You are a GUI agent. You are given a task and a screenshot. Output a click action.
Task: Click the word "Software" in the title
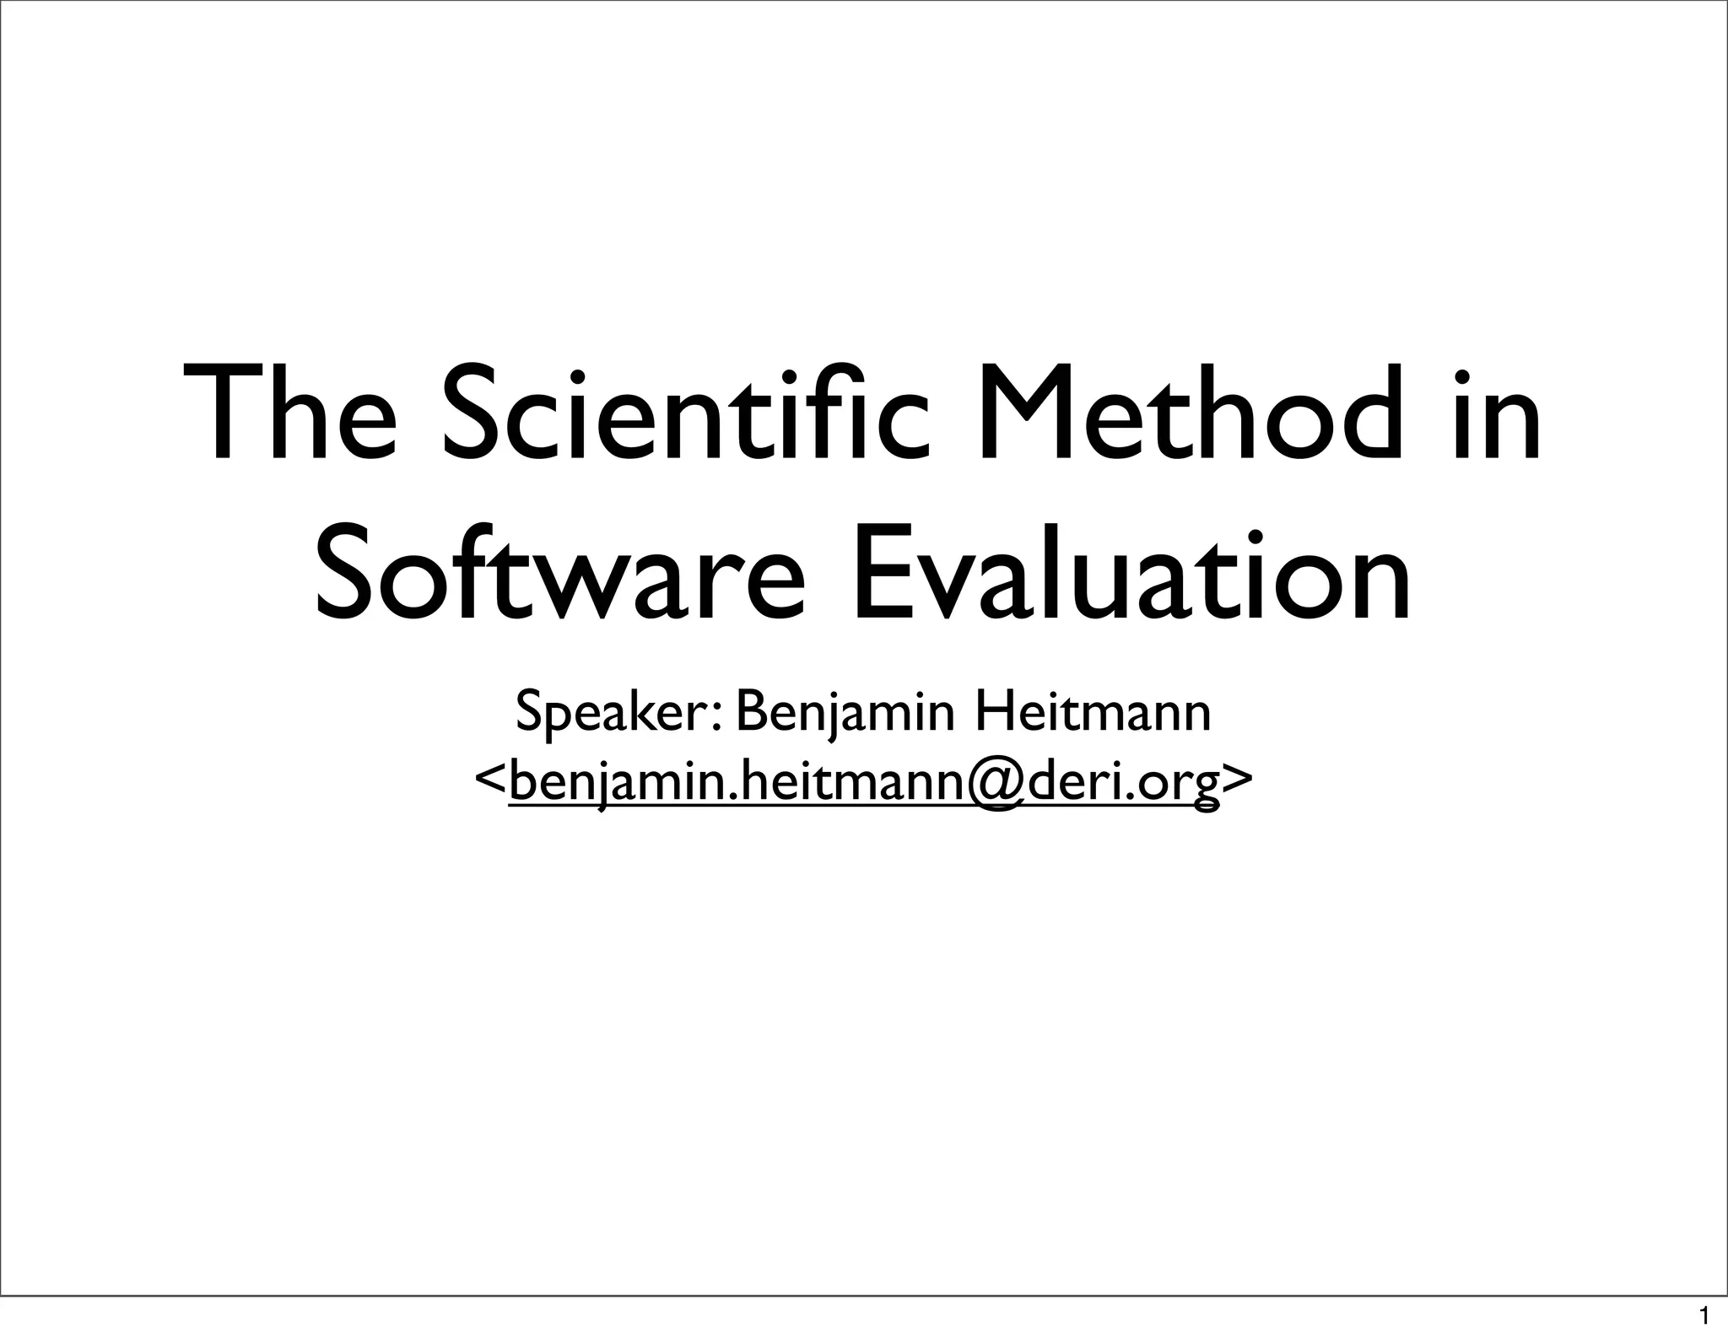(557, 574)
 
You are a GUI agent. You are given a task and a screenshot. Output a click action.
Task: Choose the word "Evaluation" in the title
(1131, 574)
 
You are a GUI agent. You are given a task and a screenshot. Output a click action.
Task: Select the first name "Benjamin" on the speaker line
(845, 714)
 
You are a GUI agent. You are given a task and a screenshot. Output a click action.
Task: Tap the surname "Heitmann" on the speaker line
(1093, 714)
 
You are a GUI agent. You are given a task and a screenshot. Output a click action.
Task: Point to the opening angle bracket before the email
(490, 781)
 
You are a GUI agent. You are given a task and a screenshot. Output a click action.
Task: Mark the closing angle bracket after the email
(1237, 781)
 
